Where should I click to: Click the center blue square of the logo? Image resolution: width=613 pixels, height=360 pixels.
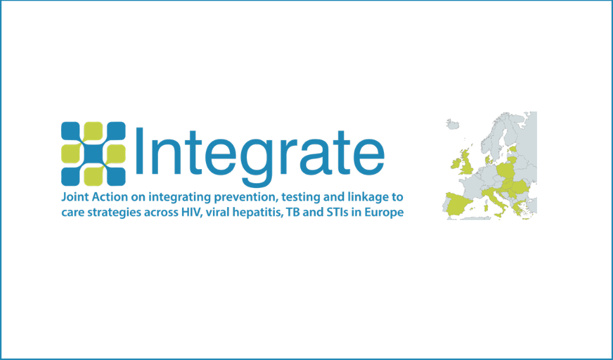93,154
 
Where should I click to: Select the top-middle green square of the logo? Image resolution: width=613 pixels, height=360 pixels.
93,131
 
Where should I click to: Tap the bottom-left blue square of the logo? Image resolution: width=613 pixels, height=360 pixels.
71,177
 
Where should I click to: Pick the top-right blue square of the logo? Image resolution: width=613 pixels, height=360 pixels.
116,131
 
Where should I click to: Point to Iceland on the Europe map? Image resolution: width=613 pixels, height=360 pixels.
453,124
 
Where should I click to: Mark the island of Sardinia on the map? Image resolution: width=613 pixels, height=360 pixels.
486,208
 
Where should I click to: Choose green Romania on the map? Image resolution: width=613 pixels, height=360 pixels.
520,187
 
